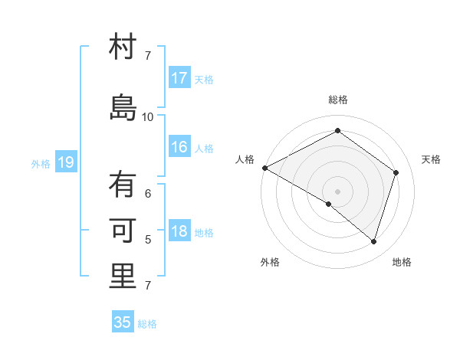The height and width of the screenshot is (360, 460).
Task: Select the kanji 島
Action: [123, 108]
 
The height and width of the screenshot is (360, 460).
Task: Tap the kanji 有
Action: [123, 185]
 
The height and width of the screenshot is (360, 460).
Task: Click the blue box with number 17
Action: [179, 78]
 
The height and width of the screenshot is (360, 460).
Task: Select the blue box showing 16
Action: [179, 148]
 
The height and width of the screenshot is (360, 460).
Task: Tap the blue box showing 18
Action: [179, 232]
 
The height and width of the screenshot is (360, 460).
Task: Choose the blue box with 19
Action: [65, 162]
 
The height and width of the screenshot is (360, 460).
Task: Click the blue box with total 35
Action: [123, 322]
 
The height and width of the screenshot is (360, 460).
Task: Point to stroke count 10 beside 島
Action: [148, 117]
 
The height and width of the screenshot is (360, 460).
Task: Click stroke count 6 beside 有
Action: [148, 194]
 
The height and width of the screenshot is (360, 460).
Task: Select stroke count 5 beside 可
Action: [148, 240]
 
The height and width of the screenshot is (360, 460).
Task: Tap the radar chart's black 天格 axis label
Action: [431, 159]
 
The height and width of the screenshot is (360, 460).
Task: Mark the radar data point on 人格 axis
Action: [264, 168]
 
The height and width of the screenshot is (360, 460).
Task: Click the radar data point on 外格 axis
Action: [329, 204]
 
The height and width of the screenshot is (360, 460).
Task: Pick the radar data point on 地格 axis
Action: [374, 242]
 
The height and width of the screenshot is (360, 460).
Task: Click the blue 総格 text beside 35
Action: [147, 324]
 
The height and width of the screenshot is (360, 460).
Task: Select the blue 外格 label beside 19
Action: [41, 163]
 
